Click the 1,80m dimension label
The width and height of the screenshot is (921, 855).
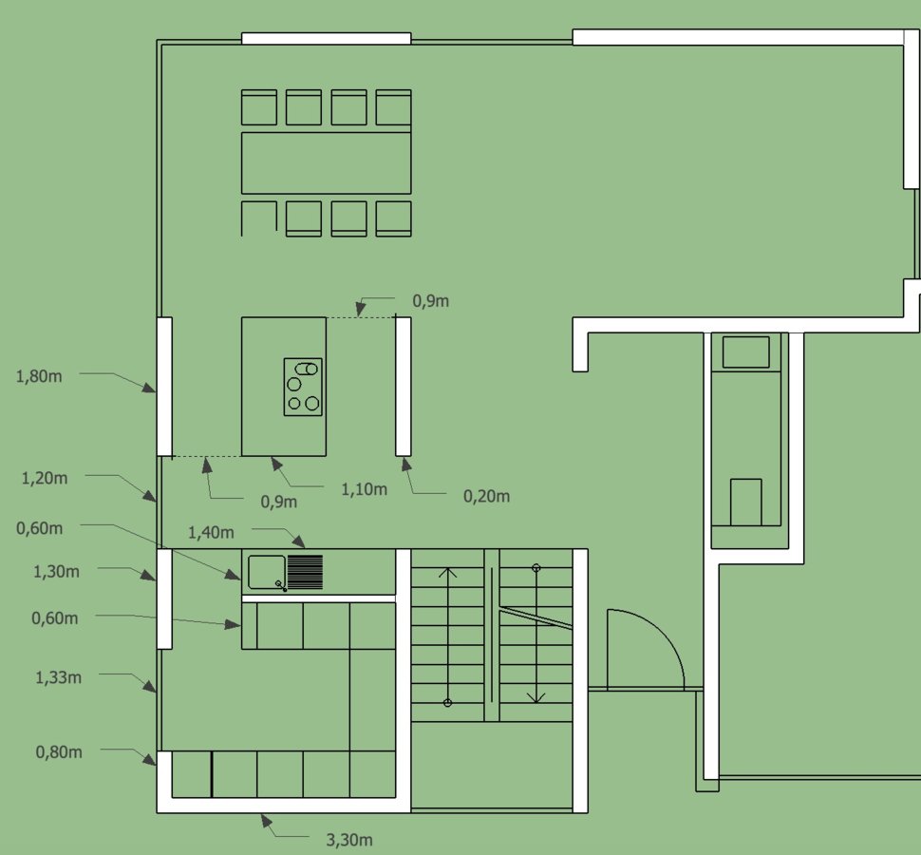tap(39, 376)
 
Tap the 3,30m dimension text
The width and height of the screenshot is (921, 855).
tap(349, 840)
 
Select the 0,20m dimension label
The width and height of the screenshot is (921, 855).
tap(486, 497)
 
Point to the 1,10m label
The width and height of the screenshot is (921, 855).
tap(365, 489)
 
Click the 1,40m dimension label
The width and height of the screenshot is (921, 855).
tap(211, 532)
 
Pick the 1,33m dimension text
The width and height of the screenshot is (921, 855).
tap(58, 677)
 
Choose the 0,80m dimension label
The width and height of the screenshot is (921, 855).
tap(59, 752)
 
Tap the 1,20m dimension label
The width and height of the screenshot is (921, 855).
tap(45, 479)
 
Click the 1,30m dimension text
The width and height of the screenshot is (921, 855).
tap(56, 571)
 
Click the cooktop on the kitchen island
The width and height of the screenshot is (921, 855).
tap(303, 387)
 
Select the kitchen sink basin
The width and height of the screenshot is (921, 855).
tap(267, 572)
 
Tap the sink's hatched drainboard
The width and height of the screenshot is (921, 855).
tap(305, 572)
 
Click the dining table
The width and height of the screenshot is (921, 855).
tap(326, 162)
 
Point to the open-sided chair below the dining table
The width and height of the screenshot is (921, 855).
tap(258, 203)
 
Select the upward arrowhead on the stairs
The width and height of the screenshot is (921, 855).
tap(447, 572)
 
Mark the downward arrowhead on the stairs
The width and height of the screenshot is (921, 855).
tap(536, 698)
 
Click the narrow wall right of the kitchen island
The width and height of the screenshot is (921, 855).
tap(403, 387)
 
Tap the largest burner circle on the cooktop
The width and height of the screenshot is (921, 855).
tap(312, 403)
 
